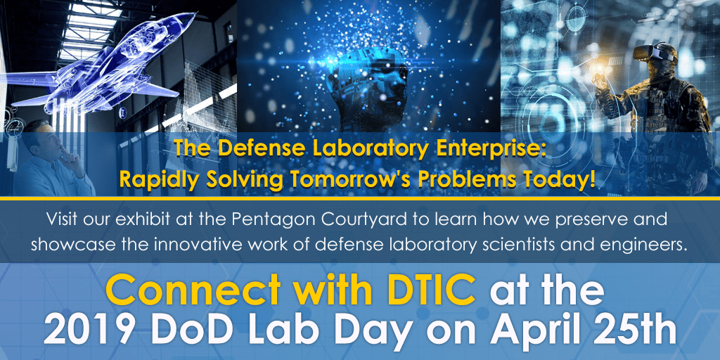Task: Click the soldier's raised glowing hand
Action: pyautogui.click(x=601, y=77)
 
